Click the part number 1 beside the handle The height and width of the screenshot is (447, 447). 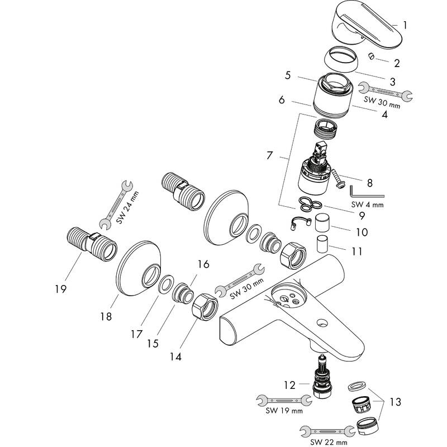click(405, 25)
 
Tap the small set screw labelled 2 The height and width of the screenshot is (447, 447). click(371, 56)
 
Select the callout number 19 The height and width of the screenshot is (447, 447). click(61, 289)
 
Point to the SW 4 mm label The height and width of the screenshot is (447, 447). click(367, 205)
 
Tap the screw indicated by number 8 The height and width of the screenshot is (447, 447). click(339, 178)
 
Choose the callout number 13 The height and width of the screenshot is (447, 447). click(395, 402)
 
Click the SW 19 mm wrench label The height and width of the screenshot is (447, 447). click(284, 411)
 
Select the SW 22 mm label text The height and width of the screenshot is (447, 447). click(329, 442)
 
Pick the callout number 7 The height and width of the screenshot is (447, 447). click(270, 156)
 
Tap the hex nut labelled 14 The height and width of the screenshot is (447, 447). click(205, 307)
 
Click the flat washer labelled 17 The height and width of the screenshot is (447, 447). click(166, 284)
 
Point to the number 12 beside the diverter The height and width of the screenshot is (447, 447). click(289, 385)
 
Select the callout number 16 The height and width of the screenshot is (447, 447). click(203, 264)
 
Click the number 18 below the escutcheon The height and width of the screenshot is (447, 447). click(106, 316)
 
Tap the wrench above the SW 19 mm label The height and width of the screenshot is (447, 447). click(284, 400)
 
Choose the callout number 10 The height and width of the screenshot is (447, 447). click(362, 232)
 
